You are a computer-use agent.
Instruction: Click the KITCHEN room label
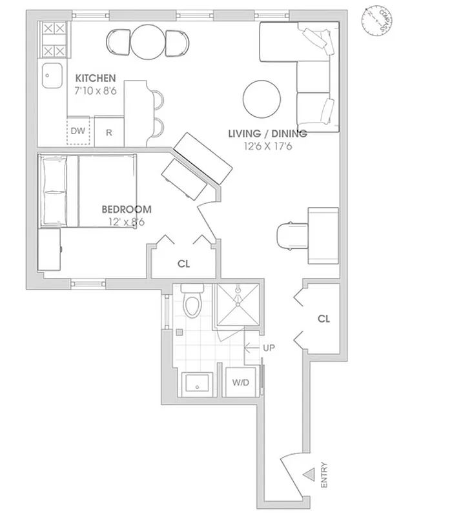(95, 78)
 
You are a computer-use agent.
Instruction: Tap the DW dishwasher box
(78, 132)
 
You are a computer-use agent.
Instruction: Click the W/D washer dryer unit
(240, 382)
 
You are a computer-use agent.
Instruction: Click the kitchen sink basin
(50, 77)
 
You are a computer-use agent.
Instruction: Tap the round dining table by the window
(149, 42)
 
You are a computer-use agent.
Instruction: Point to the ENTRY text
(324, 475)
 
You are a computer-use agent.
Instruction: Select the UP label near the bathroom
(269, 348)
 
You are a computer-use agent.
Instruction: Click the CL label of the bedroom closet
(183, 264)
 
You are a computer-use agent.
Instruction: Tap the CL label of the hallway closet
(324, 319)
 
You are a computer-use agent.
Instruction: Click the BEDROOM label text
(127, 209)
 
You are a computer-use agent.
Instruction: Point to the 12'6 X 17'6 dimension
(268, 146)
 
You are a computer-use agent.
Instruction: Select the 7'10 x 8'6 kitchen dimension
(95, 92)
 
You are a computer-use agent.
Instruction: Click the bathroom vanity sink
(196, 384)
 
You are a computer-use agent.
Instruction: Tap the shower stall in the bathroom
(237, 305)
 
